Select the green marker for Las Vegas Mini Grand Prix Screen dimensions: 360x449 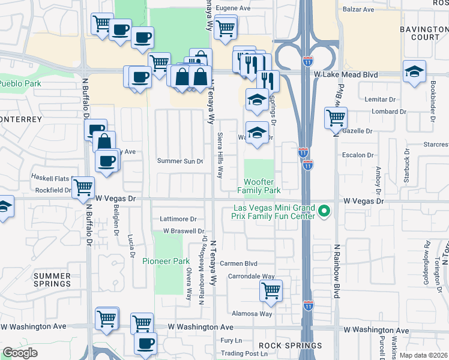(x=324, y=211)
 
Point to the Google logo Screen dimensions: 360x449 (x=20, y=353)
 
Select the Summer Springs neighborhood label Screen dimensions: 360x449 (x=52, y=280)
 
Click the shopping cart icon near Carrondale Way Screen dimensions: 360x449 (x=271, y=291)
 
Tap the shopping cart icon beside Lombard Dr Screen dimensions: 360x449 (x=336, y=117)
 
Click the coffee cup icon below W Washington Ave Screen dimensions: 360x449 (x=145, y=343)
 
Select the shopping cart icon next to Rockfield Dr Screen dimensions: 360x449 (x=83, y=187)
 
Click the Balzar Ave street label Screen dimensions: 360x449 (x=358, y=10)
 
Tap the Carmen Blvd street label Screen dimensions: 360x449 (x=238, y=263)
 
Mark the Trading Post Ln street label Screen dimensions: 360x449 (x=243, y=353)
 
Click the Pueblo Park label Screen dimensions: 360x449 (x=20, y=83)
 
